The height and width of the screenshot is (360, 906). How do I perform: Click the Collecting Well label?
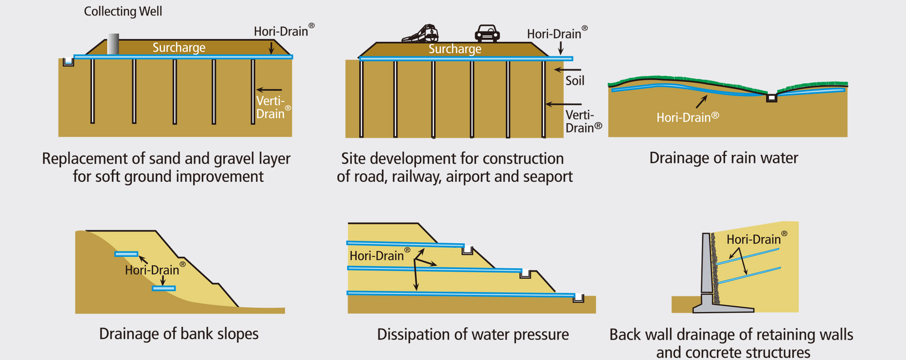(123, 11)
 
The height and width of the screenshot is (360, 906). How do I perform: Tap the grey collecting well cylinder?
(113, 44)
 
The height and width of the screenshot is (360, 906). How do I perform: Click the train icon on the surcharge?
(420, 34)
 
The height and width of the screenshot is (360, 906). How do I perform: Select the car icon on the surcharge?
(487, 33)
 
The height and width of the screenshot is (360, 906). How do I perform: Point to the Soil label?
(575, 81)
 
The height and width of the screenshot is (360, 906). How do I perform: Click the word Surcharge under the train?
(455, 49)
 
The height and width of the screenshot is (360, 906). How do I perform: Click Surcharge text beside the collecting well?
(179, 48)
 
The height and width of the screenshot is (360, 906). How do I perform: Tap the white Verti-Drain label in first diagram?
(271, 107)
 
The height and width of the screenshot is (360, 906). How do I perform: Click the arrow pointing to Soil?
(567, 70)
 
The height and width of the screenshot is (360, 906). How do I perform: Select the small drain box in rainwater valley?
(771, 98)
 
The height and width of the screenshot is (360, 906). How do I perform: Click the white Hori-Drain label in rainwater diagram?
(687, 118)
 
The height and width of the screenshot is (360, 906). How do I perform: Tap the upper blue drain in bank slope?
(126, 254)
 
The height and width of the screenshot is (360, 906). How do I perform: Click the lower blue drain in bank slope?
(164, 288)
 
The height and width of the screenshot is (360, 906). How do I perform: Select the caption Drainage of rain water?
(723, 158)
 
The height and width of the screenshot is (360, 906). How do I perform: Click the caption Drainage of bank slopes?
(179, 334)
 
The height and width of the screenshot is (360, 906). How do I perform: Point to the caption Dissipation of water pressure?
(473, 335)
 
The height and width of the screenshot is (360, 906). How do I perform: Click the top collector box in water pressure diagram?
(467, 250)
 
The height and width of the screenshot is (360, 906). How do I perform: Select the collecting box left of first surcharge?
(68, 61)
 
